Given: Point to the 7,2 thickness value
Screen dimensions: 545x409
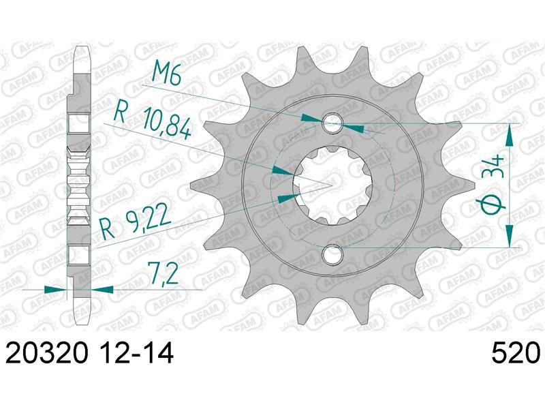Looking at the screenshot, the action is pos(163,273).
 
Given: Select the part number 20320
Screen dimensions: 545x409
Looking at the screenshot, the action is pos(46,353).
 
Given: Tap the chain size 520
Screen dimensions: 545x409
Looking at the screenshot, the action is pos(516,353).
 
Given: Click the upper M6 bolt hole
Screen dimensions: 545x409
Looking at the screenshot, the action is pos(332,123).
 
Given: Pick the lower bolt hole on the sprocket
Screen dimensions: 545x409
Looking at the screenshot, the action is pos(332,255).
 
